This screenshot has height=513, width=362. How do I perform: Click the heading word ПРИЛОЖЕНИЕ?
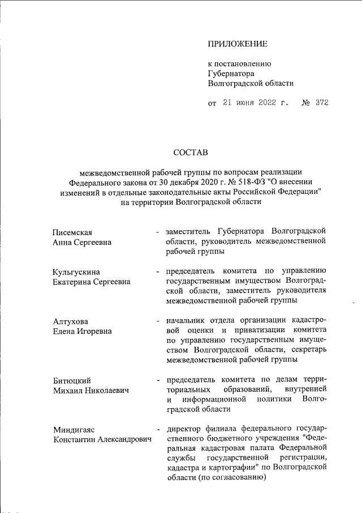[238, 44]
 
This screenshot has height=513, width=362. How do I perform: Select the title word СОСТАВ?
[191, 152]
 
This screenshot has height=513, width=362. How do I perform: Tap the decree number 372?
[322, 103]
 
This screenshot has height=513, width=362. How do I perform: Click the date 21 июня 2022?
[249, 103]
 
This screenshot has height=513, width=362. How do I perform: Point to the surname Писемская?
[72, 232]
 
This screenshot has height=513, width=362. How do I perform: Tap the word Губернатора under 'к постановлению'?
[231, 73]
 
